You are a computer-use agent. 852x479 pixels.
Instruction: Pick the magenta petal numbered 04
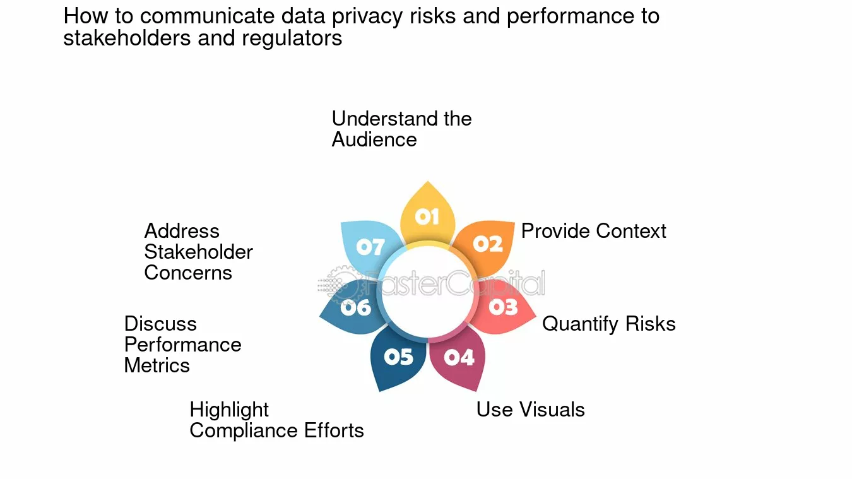tap(458, 358)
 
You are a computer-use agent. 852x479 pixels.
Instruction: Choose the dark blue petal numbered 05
tap(398, 358)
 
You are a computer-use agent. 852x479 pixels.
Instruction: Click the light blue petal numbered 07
tap(369, 245)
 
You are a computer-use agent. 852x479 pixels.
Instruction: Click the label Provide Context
tap(593, 231)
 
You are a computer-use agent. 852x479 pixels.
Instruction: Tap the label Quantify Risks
tap(608, 324)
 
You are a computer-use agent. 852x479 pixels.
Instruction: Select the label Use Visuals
tap(531, 410)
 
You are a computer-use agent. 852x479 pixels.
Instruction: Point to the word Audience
tap(374, 139)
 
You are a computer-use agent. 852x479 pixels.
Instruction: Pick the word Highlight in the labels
tap(229, 410)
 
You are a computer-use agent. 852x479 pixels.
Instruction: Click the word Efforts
tap(334, 430)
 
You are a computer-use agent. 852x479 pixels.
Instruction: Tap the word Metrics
tap(157, 365)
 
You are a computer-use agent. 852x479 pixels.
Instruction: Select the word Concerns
tap(188, 273)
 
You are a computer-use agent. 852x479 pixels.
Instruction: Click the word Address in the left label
tap(182, 231)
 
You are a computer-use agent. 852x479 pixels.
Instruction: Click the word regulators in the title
tap(292, 38)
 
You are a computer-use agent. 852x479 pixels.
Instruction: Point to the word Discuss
tap(160, 324)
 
